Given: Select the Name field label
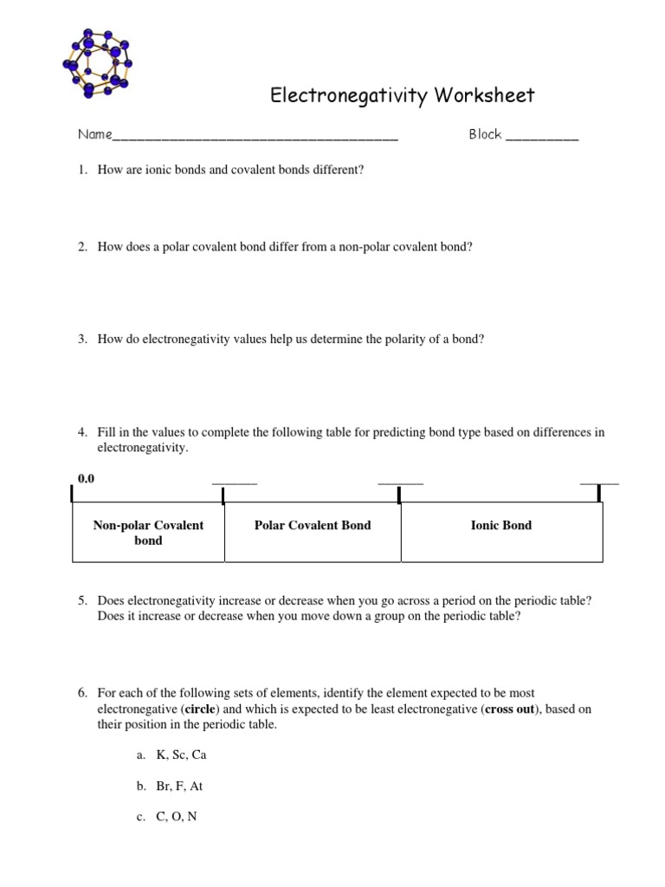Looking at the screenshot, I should [94, 134].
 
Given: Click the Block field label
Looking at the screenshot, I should [485, 134].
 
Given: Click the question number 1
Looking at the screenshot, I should [82, 170].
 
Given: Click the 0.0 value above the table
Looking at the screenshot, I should [86, 479].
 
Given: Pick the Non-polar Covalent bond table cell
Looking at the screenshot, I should [148, 533].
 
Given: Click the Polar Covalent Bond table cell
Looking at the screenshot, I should [312, 525].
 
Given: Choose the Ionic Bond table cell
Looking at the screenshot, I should [500, 525].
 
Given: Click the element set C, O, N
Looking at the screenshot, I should [177, 816].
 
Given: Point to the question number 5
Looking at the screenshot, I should [82, 600].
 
